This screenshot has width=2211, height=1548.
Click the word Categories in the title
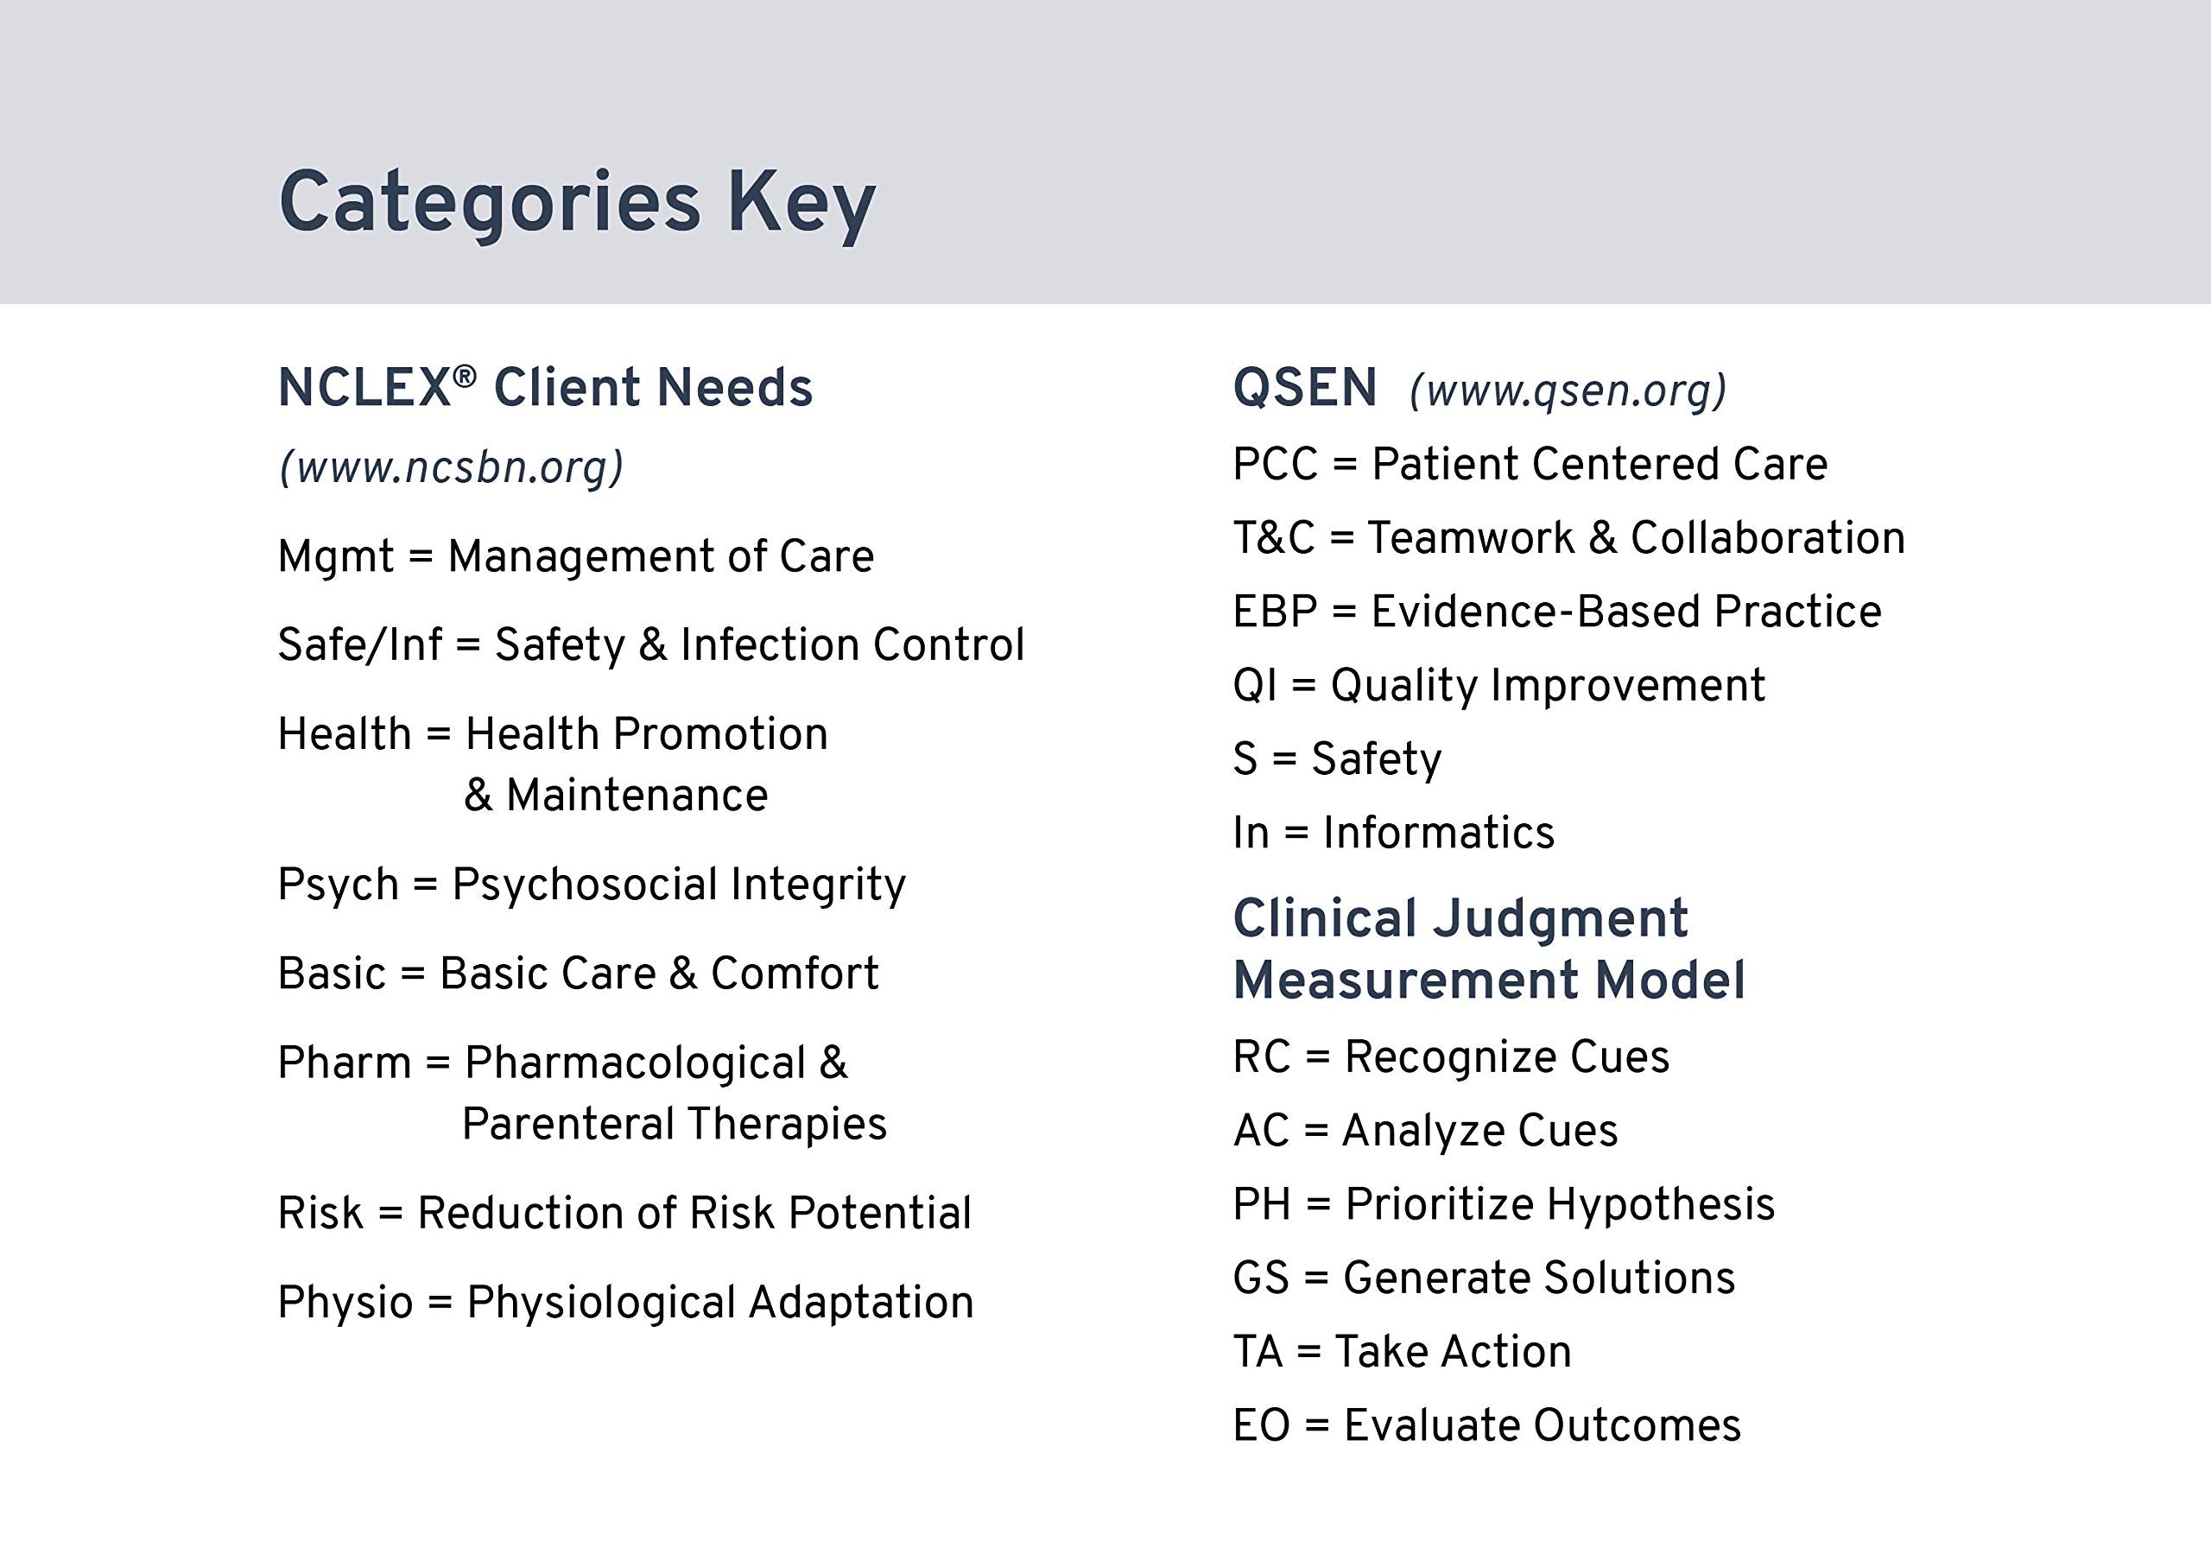489,202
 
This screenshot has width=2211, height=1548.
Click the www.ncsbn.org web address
452,467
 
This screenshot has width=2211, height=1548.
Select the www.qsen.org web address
1568,390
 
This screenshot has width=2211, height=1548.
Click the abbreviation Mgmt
335,557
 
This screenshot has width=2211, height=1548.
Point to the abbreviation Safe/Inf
359,645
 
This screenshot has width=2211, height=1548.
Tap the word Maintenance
637,796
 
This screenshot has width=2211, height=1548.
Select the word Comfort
795,974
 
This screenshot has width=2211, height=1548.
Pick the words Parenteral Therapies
674,1124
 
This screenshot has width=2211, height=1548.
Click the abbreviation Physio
345,1303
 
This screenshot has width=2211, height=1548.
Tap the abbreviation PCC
1275,464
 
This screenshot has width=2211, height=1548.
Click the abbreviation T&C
1273,537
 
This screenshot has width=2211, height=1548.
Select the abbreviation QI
1254,685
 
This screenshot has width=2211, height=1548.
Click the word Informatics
1438,832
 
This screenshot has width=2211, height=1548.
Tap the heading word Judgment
1560,918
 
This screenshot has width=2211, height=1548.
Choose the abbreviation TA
1257,1352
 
